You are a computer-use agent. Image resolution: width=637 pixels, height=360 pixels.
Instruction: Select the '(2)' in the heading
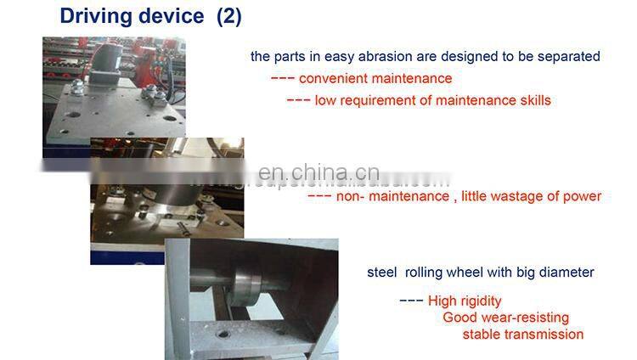point(228,16)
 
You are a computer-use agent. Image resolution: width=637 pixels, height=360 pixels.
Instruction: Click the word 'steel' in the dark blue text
point(381,273)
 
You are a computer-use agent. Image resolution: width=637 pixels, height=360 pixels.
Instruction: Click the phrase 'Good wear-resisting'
point(505,318)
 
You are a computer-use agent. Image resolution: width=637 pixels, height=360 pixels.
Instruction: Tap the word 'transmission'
point(544,334)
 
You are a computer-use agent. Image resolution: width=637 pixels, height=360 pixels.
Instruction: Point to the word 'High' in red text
point(442,301)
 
